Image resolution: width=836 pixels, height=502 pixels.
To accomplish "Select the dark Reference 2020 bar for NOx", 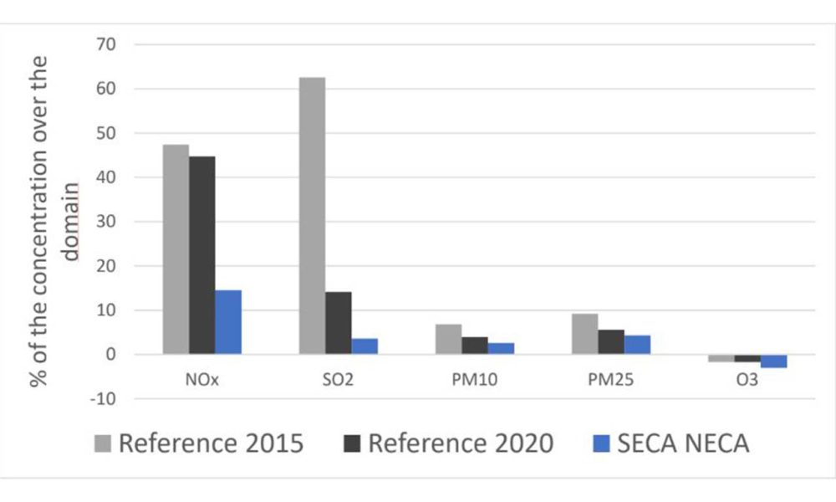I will (201, 255).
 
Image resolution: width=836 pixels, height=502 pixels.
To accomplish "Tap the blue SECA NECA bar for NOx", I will (227, 322).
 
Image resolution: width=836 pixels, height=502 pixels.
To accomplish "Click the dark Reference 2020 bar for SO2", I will (338, 323).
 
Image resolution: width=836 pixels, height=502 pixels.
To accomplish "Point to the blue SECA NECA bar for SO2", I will (364, 346).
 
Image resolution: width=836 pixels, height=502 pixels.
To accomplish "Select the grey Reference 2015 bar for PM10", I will (448, 339).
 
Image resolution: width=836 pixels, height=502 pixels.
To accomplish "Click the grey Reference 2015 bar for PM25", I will (584, 334).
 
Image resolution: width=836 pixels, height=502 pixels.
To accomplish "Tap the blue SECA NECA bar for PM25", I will (637, 345).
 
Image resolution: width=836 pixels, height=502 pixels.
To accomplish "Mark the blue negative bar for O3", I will (773, 361).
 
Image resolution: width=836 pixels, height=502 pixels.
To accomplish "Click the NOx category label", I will (201, 379).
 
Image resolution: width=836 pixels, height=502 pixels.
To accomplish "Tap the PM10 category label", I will (474, 379).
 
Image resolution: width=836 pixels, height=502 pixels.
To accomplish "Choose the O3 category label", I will (747, 379).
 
